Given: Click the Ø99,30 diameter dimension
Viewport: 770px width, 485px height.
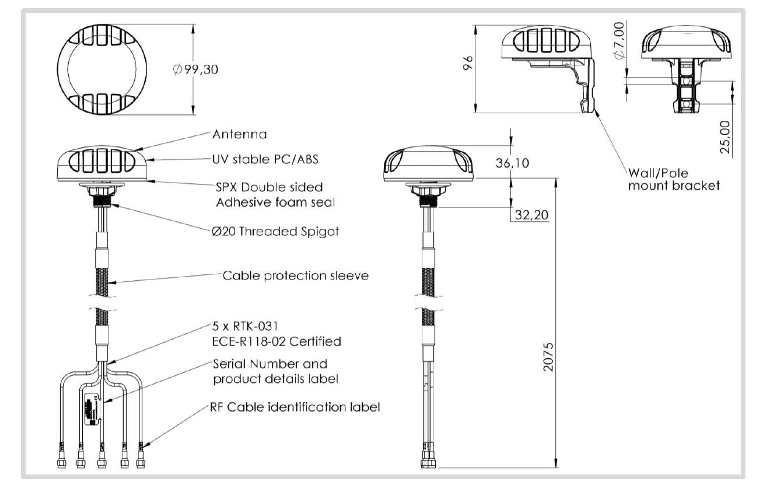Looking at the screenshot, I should coord(196,69).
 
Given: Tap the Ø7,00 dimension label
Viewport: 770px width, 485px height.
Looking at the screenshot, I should coord(619,40).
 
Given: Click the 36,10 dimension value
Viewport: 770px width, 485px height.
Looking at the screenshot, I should coord(512,163).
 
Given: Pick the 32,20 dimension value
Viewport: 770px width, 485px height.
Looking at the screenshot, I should coord(531,215).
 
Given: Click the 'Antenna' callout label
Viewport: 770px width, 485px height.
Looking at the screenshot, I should coord(239,134).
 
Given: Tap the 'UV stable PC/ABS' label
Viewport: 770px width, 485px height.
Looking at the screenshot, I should coord(265,159).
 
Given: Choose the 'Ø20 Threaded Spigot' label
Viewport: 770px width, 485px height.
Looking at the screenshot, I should coord(275,231).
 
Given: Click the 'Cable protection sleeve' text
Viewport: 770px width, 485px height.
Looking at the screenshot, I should coord(296,275).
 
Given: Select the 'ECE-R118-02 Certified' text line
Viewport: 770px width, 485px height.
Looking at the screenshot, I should coord(276,341).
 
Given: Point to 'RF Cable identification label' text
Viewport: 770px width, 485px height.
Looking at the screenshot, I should coord(295,407).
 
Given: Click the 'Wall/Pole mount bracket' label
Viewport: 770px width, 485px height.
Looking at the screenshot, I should coord(674,180).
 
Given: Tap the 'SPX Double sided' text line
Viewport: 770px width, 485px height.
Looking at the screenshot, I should coord(269,187).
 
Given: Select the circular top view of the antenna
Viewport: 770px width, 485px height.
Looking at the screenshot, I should coord(101,69).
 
